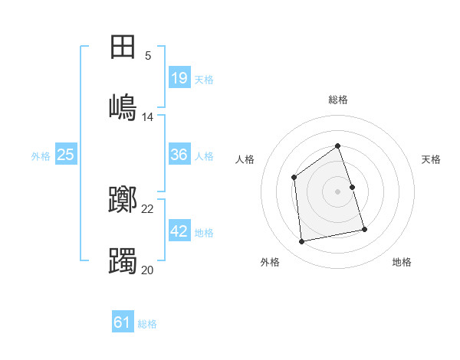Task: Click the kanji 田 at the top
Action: click(123, 47)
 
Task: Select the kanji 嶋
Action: click(123, 106)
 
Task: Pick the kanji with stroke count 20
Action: click(123, 260)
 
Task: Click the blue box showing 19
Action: click(179, 78)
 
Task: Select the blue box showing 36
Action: click(179, 155)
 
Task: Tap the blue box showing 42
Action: click(179, 231)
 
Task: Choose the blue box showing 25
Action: click(66, 155)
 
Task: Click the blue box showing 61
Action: click(123, 322)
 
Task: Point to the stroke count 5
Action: click(148, 56)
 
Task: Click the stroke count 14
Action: click(148, 117)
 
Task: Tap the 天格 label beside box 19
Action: click(204, 79)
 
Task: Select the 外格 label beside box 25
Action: click(41, 155)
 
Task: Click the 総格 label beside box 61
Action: click(147, 323)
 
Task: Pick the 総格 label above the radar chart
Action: click(338, 100)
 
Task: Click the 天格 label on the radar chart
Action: click(432, 159)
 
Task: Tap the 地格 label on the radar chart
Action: click(402, 262)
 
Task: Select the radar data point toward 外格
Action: click(302, 242)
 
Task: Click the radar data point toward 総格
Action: click(337, 146)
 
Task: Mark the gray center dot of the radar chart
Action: click(337, 191)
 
